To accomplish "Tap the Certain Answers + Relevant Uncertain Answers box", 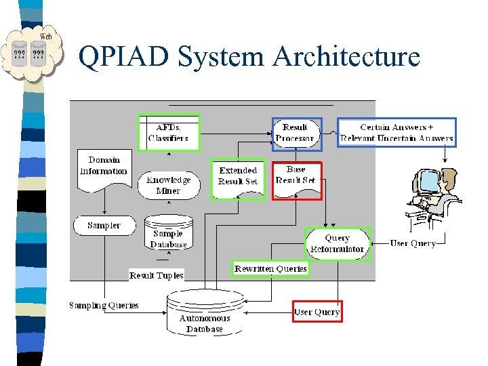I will [397, 133].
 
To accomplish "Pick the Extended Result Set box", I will [238, 180].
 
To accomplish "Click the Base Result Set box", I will [296, 180].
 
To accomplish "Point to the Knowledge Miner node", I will [168, 185].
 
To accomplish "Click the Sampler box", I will [104, 225].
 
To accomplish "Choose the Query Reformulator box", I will [337, 243].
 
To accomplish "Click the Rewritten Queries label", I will [270, 269].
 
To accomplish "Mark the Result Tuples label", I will [156, 275].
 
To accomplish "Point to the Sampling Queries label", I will [104, 306].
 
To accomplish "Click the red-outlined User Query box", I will [317, 312].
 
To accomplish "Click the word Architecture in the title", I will [346, 56].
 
